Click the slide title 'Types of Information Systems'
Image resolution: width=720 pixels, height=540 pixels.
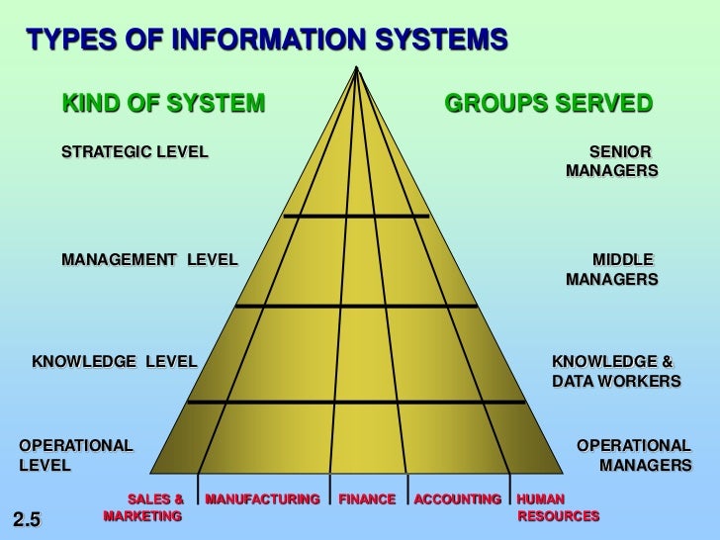tap(267, 41)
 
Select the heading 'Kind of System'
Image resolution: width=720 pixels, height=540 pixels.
tap(164, 103)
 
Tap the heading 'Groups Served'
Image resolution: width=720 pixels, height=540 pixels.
tap(549, 103)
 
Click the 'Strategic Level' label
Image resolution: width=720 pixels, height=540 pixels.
tap(135, 152)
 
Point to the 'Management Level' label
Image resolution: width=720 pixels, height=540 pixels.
tap(149, 260)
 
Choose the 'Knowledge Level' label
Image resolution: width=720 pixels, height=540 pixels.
tap(115, 361)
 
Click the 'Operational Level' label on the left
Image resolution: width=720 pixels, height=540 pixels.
tap(75, 455)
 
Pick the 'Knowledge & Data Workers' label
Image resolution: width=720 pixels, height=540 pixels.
tap(615, 371)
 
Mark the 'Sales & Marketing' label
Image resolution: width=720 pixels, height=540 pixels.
tap(145, 507)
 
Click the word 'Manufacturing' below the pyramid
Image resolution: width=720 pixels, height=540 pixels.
tap(263, 499)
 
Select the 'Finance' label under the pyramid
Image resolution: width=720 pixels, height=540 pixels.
tap(367, 499)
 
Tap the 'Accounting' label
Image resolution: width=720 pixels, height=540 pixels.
tap(457, 499)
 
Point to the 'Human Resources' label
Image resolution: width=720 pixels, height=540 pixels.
tap(558, 507)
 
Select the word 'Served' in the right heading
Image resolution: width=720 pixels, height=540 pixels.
tap(603, 103)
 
